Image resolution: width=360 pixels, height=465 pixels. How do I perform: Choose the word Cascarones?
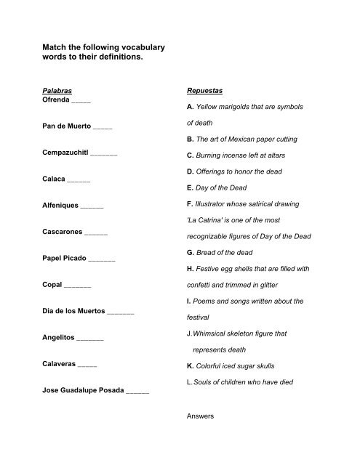(x=63, y=234)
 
